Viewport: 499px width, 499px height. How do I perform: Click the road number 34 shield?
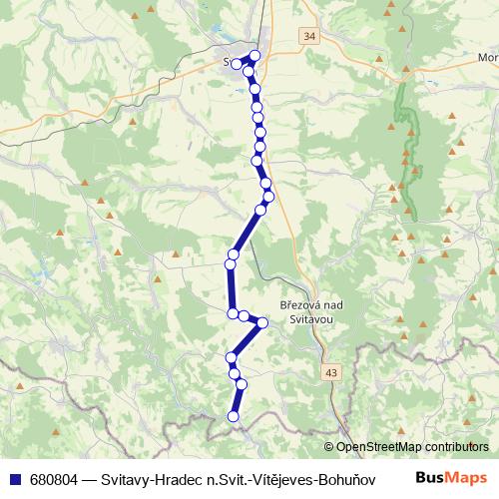click(308, 36)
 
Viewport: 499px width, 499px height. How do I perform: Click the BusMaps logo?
click(452, 478)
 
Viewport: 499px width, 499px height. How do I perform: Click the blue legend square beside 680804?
click(15, 478)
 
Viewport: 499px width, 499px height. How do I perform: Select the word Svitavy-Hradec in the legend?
click(150, 478)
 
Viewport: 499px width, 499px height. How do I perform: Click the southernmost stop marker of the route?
click(235, 416)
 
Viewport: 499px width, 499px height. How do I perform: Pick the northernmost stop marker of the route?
click(255, 56)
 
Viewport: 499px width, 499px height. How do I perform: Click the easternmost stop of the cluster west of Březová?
click(262, 322)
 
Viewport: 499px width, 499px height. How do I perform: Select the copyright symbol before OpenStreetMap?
click(330, 447)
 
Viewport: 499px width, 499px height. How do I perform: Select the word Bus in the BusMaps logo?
click(430, 478)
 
